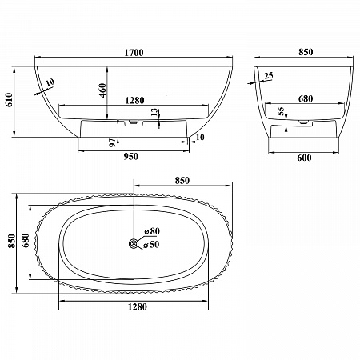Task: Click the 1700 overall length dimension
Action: coord(134,53)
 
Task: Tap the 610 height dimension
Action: coord(9,100)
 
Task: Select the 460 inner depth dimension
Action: coord(102,90)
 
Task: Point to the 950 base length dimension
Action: coord(131,156)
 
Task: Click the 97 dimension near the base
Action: coord(114,142)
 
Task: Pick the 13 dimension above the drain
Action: coord(154,113)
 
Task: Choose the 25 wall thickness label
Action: coord(269,76)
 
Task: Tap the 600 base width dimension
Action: coord(304,158)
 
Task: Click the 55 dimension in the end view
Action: coord(281,111)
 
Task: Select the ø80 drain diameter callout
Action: coord(152,231)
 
